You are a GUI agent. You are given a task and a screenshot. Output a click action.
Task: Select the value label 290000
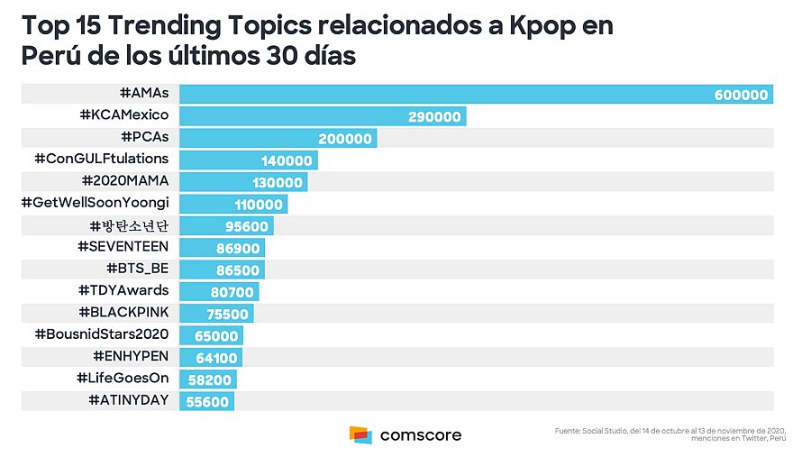pyautogui.click(x=434, y=116)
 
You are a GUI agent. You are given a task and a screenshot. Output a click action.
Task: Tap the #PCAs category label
pyautogui.click(x=144, y=137)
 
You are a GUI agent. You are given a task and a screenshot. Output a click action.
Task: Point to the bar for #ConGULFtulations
pyautogui.click(x=248, y=160)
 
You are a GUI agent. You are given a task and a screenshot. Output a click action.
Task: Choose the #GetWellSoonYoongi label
pyautogui.click(x=95, y=203)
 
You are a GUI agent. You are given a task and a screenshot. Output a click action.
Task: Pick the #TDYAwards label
pyautogui.click(x=123, y=290)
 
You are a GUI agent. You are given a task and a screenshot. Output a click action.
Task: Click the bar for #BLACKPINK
pyautogui.click(x=216, y=314)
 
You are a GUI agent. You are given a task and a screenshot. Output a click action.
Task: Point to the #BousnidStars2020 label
pyautogui.click(x=101, y=334)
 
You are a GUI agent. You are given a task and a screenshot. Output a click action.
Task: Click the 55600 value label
pyautogui.click(x=207, y=401)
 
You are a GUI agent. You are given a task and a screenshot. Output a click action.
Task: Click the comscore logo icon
pyautogui.click(x=360, y=435)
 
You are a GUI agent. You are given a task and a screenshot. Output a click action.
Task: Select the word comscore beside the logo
pyautogui.click(x=421, y=435)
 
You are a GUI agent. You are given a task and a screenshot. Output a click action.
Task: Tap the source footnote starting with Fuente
pyautogui.click(x=670, y=435)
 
